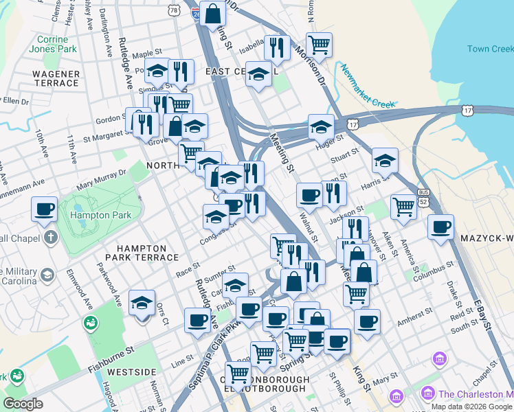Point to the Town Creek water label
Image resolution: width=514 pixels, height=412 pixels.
pyautogui.click(x=490, y=49)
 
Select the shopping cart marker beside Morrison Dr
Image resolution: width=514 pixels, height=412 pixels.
pyautogui.click(x=319, y=45)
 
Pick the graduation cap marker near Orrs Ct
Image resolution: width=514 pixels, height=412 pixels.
pyautogui.click(x=142, y=303)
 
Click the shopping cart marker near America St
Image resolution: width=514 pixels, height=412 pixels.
pyautogui.click(x=403, y=205)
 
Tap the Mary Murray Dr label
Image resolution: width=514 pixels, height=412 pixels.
pyautogui.click(x=102, y=180)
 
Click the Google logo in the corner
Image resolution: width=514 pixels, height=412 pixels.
pyautogui.click(x=23, y=404)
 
